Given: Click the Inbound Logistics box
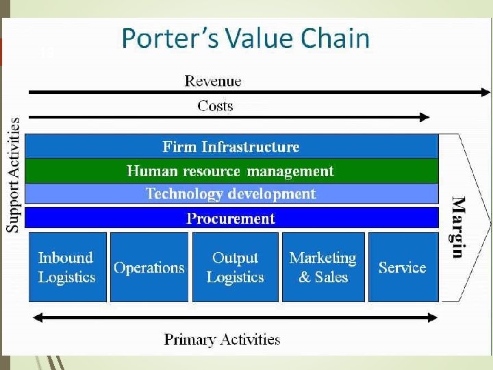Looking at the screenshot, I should click(x=67, y=267).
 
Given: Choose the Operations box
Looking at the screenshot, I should click(x=149, y=267).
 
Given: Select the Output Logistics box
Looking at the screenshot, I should click(x=235, y=267).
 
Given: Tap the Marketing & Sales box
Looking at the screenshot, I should click(x=323, y=267).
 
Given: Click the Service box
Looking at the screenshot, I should click(x=403, y=267).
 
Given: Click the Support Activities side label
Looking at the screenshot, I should click(x=13, y=175).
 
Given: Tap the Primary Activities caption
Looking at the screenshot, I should click(x=222, y=339).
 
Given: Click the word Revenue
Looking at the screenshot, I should click(x=213, y=81).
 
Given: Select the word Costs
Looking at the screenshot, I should click(x=215, y=106).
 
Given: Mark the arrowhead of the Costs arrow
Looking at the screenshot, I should click(x=425, y=117).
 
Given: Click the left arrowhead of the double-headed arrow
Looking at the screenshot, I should click(x=36, y=317).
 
